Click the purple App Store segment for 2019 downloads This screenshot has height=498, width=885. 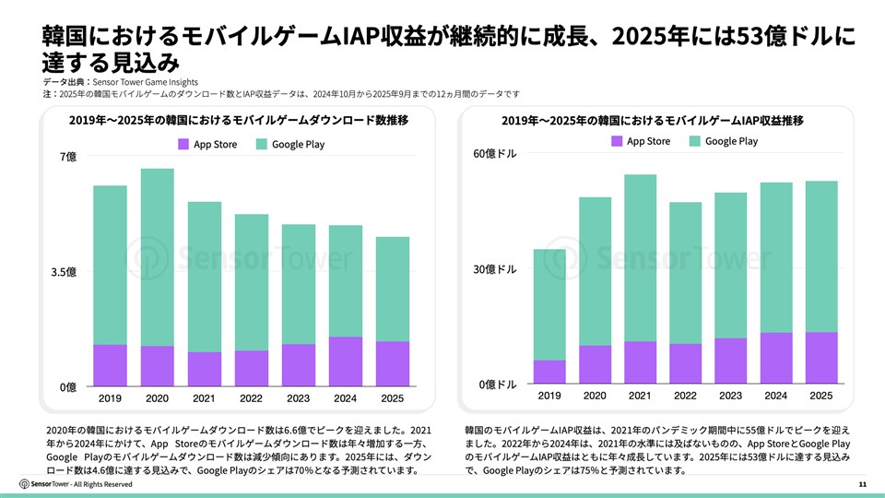(x=110, y=365)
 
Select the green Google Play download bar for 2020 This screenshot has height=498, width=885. (x=157, y=256)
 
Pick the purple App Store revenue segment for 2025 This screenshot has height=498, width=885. (x=820, y=358)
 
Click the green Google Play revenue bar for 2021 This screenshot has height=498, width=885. (x=640, y=257)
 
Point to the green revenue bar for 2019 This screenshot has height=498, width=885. (x=549, y=304)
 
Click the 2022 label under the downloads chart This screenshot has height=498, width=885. (x=251, y=399)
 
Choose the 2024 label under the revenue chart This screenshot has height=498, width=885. (x=775, y=396)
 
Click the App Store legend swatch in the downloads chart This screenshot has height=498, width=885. (x=183, y=144)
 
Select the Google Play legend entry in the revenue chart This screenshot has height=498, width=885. (x=731, y=141)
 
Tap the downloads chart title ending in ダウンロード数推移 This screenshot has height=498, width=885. (x=238, y=121)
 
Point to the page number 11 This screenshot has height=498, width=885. (x=862, y=485)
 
